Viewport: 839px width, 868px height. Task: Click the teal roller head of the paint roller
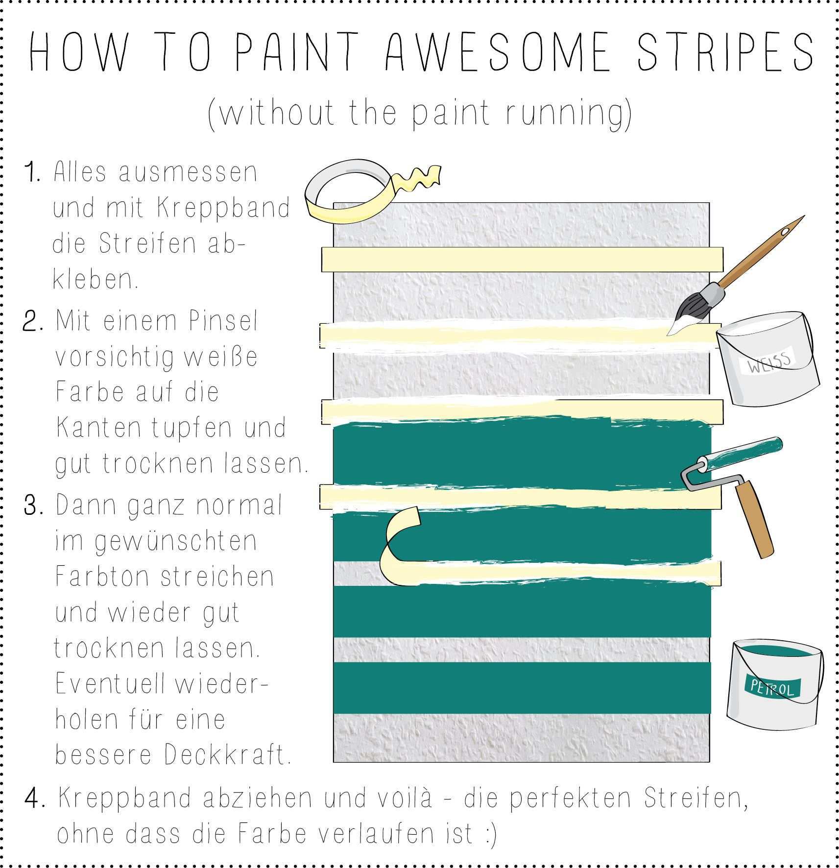(x=740, y=456)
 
